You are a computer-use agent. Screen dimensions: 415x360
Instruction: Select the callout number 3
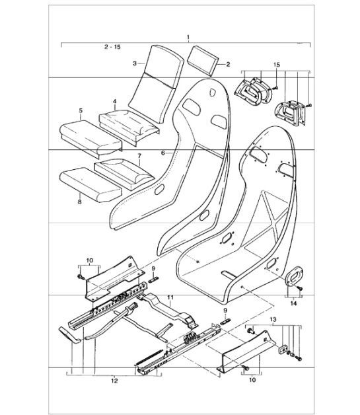[x=134, y=63]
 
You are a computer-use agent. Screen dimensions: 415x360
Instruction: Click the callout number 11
[x=170, y=298]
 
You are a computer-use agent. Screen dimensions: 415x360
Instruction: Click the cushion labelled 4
[x=129, y=121]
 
